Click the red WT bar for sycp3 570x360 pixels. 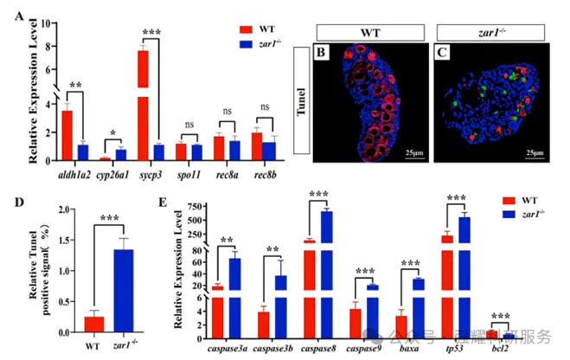143,105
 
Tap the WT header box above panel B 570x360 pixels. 369,32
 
